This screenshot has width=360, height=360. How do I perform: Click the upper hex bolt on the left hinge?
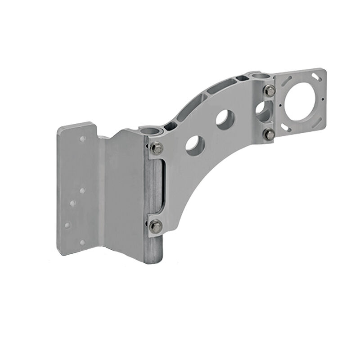[x=156, y=148]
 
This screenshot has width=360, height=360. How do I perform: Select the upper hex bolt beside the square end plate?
[x=270, y=90]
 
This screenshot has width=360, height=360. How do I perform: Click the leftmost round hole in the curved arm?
[x=195, y=145]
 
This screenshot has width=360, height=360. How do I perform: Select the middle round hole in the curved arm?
[x=225, y=119]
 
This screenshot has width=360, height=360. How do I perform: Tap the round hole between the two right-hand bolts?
[x=262, y=110]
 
